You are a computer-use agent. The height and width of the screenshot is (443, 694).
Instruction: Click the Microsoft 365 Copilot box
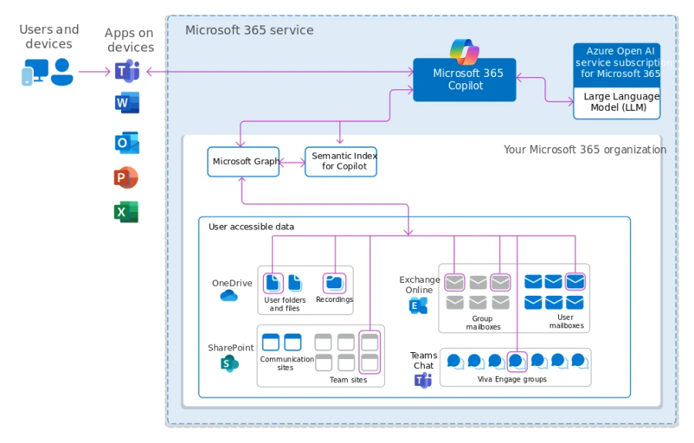[x=464, y=79]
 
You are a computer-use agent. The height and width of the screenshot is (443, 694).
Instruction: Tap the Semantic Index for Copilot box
[x=341, y=162]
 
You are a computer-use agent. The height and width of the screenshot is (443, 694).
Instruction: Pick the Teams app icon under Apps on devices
[x=126, y=72]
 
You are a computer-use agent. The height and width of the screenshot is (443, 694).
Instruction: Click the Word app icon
[x=126, y=102]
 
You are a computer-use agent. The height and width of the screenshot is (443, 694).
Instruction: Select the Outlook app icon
[x=126, y=143]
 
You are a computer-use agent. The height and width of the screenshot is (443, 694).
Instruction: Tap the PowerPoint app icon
[x=126, y=177]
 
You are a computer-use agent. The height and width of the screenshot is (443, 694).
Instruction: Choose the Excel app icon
[x=126, y=212]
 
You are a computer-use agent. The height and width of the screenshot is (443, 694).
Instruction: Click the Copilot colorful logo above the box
[x=464, y=52]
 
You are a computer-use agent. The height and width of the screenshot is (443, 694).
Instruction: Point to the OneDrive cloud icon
[x=229, y=296]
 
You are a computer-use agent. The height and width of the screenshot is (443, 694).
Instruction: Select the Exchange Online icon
[x=418, y=306]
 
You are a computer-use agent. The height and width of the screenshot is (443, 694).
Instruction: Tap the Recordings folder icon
[x=334, y=283]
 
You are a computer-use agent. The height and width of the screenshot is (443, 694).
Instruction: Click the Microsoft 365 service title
[x=249, y=30]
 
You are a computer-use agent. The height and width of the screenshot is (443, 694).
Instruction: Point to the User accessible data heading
[x=251, y=227]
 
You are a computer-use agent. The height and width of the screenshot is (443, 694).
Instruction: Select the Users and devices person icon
[x=62, y=72]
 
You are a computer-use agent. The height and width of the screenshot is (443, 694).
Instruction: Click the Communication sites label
[x=286, y=363]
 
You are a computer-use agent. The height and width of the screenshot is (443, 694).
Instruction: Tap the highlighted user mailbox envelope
[x=574, y=282]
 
